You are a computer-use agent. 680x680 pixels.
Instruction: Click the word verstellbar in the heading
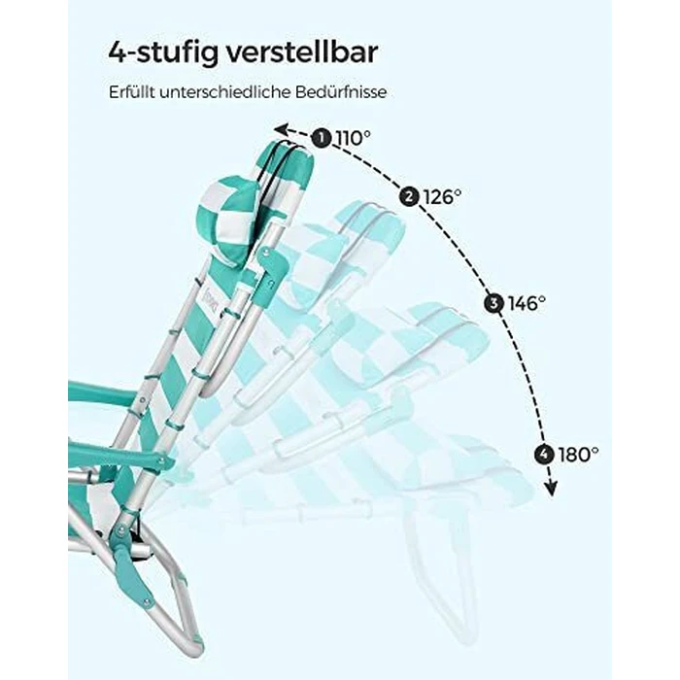pos(302,52)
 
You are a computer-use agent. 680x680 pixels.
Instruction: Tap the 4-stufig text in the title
pos(162,53)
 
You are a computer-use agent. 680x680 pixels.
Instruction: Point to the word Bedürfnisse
pos(341,92)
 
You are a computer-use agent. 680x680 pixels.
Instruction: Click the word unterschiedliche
pos(225,92)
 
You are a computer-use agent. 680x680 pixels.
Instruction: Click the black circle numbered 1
pos(322,138)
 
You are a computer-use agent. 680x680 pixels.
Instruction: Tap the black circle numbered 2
pos(409,197)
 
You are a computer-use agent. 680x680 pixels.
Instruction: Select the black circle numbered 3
pos(493,303)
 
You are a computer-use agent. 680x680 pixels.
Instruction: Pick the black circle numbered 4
pos(544,455)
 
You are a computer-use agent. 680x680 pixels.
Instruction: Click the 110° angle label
pos(353,138)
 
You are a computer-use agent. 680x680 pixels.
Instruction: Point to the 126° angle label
pos(442,197)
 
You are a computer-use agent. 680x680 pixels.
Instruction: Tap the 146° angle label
pos(527,303)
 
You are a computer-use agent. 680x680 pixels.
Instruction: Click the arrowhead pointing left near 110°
pos(281,129)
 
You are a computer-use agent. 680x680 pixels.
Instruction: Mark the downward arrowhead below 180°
pos(551,490)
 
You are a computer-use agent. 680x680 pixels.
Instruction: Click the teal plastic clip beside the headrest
pos(272,270)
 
